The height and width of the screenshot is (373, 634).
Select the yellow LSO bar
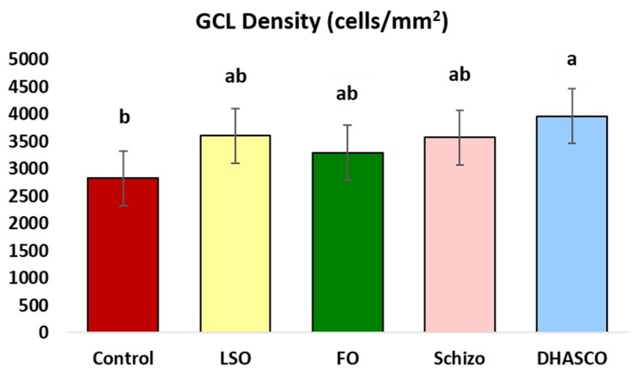pos(235,237)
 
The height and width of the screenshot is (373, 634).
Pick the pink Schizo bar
pos(460,237)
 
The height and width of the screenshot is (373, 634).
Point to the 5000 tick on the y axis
pos(28,59)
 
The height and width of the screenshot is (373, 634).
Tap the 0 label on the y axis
pos(43,333)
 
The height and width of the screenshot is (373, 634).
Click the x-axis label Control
pos(123,358)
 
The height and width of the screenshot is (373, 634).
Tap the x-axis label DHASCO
pos(572,358)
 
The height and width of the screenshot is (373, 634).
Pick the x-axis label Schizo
pos(459,358)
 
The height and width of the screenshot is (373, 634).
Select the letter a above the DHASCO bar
pos(572,60)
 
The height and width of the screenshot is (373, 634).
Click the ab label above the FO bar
pos(347,94)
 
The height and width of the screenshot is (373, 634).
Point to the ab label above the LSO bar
pos(236,76)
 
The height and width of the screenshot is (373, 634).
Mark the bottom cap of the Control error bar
pos(123,206)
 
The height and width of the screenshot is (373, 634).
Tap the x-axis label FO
pos(348,358)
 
